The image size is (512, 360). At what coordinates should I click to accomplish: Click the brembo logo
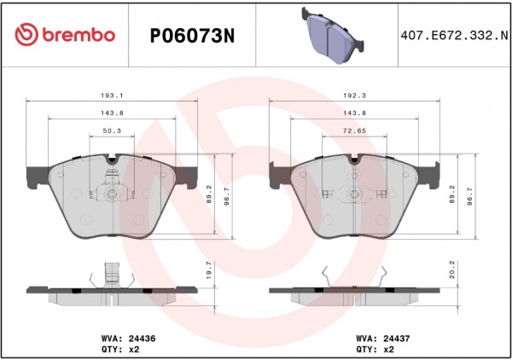coord(65,35)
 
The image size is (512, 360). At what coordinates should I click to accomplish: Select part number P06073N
coord(192,36)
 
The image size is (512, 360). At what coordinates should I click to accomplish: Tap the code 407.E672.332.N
coord(455,35)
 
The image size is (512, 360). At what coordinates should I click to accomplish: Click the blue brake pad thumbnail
coord(333,35)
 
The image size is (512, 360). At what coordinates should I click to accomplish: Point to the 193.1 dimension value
coord(112,96)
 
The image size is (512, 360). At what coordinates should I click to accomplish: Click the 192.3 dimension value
coord(355,96)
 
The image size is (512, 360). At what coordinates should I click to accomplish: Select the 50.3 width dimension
coord(112,131)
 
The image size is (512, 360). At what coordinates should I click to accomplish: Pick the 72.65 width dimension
coord(355,131)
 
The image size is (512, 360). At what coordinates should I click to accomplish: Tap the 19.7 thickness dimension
coord(209,270)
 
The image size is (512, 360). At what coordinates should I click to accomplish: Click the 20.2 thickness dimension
coord(452,270)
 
